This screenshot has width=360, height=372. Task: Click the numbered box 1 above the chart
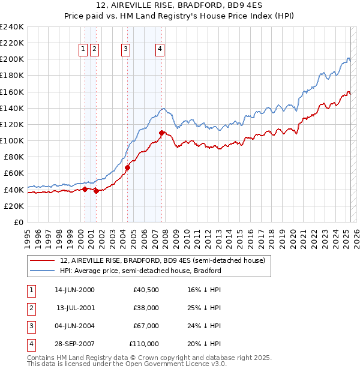point(83,50)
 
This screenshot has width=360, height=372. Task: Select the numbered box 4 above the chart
point(161,50)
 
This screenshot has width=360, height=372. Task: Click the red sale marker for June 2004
point(127,167)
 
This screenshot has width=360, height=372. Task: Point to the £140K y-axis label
point(12,108)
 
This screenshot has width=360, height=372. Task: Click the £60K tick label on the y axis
point(14,173)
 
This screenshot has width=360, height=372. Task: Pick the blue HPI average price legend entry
point(140,271)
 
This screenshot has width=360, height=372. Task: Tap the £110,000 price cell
point(144,344)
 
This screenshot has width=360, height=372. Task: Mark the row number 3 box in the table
point(31,326)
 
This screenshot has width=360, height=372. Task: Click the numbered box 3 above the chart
point(125,50)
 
